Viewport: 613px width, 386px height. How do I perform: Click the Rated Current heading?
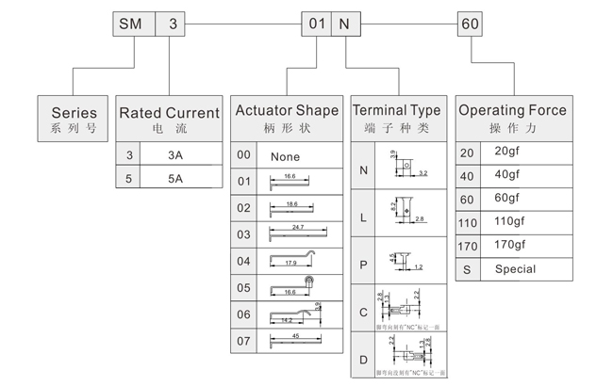169,118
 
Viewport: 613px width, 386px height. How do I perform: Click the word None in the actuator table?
285,156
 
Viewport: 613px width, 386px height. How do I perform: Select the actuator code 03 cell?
244,233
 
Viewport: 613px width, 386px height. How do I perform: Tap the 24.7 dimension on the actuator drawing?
298,228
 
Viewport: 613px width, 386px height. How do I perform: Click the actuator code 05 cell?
244,286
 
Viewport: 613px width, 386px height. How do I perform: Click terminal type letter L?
364,217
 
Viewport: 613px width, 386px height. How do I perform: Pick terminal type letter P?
364,265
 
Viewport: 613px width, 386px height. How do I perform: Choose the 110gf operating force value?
506,221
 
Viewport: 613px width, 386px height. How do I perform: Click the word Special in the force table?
515,269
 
